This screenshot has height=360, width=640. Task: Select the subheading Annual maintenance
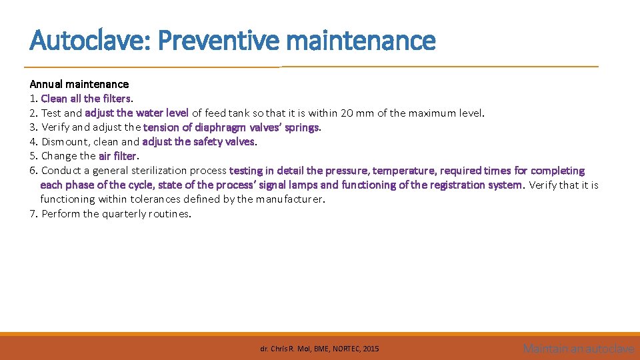coord(79,84)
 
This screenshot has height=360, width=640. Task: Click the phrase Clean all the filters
coord(85,99)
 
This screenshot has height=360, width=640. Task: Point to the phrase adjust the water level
coord(137,113)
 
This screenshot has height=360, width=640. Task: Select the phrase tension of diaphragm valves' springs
coord(231,127)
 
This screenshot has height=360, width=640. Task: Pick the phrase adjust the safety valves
coord(199,142)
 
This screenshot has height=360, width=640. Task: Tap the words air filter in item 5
coord(117,156)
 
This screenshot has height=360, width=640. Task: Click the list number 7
coord(33,214)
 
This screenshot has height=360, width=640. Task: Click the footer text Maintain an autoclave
coord(578,348)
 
